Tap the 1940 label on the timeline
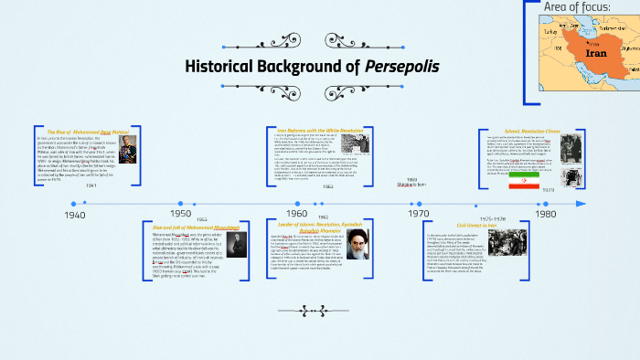click(x=75, y=215)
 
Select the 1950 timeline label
click(x=180, y=213)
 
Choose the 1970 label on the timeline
click(x=419, y=213)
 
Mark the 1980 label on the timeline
click(x=546, y=213)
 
